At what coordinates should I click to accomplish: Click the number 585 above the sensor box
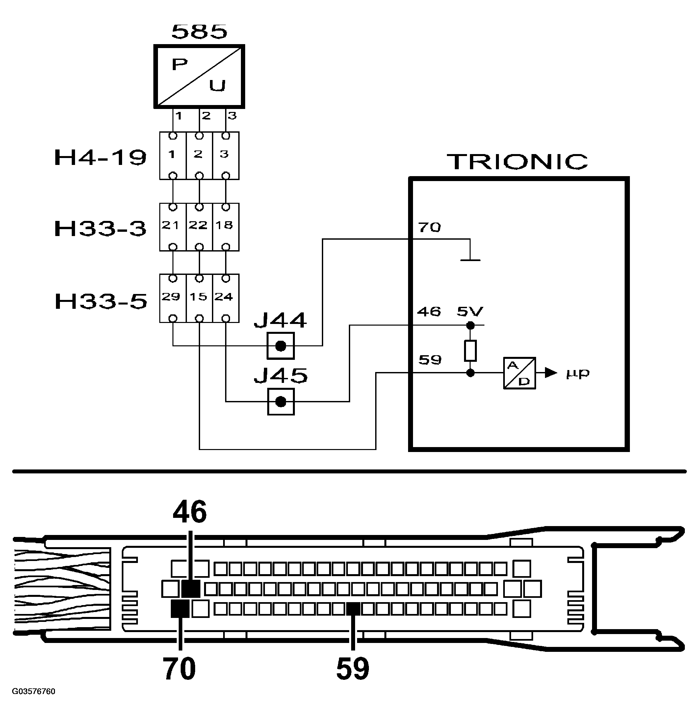[x=199, y=32]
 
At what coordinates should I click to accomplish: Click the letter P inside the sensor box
[x=180, y=65]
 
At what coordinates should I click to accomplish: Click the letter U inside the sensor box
[x=217, y=86]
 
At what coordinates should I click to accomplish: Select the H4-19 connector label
[x=100, y=158]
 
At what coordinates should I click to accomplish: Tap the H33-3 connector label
[x=100, y=228]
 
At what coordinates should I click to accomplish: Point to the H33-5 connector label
[x=101, y=301]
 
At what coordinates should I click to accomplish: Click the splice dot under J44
[x=281, y=346]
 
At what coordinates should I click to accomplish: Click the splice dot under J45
[x=281, y=402]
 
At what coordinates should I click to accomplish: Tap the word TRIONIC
[x=517, y=162]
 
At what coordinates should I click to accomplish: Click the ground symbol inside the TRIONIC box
[x=470, y=260]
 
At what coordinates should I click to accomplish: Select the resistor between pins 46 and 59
[x=470, y=351]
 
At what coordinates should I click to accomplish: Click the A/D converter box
[x=519, y=373]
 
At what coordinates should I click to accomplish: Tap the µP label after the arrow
[x=578, y=373]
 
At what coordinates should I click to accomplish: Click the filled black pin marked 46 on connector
[x=191, y=589]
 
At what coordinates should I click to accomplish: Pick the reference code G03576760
[x=34, y=691]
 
